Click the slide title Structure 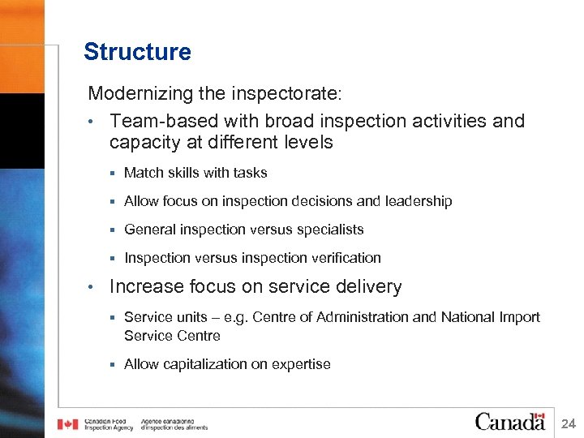coord(137,52)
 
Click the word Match coord(143,173)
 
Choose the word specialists coord(324,230)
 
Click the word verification coord(341,258)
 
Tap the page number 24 coord(568,423)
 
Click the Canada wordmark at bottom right coord(509,421)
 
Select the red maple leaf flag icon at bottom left coord(67,423)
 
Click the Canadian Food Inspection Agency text coord(109,423)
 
